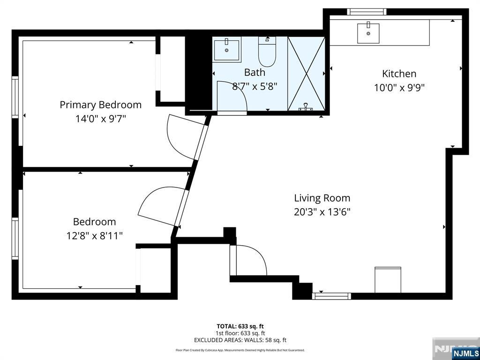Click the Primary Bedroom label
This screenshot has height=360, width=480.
[100, 105]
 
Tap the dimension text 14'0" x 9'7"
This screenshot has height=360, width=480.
[100, 119]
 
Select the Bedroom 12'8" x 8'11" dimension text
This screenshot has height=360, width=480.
[94, 235]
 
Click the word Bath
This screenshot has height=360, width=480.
[255, 72]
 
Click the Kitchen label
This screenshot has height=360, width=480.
[399, 74]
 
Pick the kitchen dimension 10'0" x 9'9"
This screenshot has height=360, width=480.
[399, 88]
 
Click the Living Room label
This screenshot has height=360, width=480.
[322, 198]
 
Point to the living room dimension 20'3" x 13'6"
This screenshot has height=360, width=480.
[322, 212]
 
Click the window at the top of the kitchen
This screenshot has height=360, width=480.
[367, 12]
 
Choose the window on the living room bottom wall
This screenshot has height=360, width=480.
[331, 296]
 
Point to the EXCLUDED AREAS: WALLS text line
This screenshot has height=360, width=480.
[240, 340]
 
